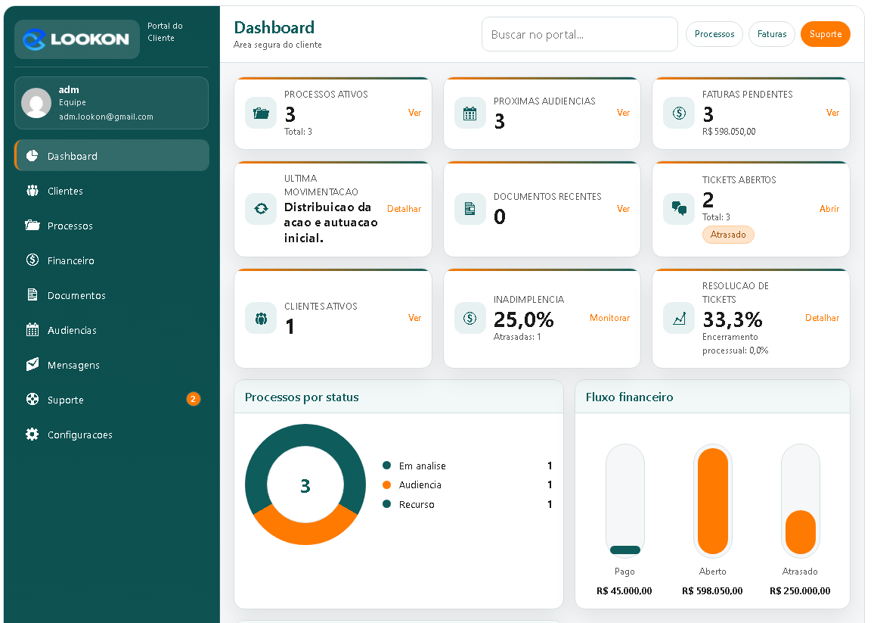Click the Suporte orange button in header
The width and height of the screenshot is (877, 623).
click(825, 34)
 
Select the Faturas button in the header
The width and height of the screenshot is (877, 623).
click(771, 34)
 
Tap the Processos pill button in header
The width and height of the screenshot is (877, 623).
click(714, 34)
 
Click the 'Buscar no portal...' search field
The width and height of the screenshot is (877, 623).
click(579, 34)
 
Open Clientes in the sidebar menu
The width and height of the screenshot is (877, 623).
click(65, 191)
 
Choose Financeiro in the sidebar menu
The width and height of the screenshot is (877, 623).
click(70, 260)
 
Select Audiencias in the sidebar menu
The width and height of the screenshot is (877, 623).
click(72, 330)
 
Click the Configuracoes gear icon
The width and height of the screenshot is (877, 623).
click(32, 435)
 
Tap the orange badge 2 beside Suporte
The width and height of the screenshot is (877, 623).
click(193, 399)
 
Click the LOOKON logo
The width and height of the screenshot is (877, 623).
click(76, 39)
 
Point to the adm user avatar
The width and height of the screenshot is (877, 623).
click(36, 103)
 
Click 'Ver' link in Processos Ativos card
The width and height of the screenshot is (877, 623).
click(414, 113)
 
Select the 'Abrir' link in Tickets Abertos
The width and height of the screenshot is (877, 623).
click(829, 209)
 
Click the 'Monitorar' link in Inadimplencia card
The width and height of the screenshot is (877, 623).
click(609, 318)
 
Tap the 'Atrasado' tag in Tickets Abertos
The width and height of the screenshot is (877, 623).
click(728, 235)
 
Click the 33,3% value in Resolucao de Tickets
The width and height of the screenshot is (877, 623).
click(732, 319)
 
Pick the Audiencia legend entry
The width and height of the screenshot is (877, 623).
click(420, 484)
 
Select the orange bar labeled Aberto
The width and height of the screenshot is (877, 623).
click(712, 500)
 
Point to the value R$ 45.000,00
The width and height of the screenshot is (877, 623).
click(624, 590)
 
